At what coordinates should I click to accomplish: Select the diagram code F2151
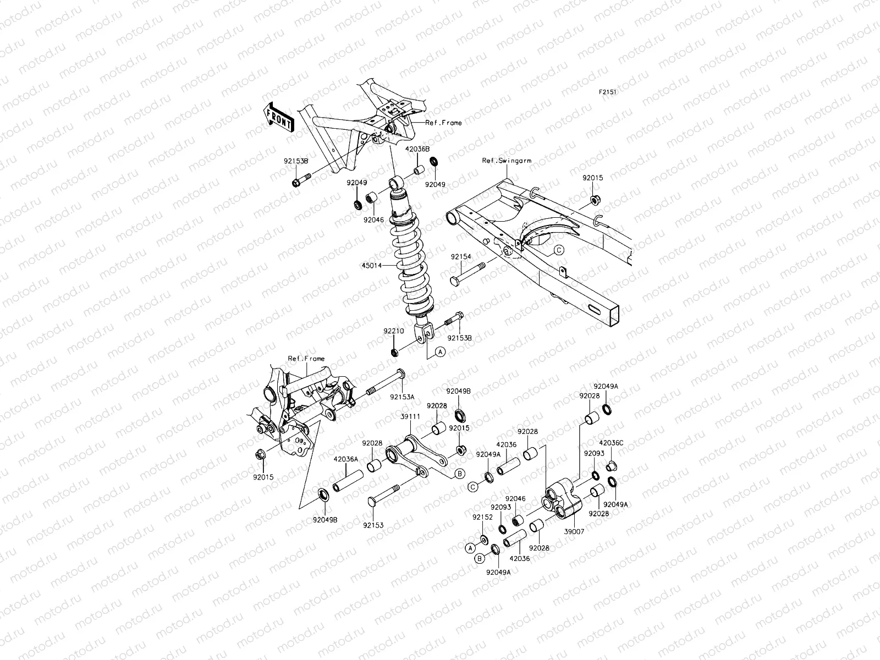(607, 92)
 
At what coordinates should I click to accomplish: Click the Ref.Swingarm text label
(507, 161)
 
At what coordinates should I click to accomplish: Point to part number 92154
(461, 257)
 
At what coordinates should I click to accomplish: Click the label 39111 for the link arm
(411, 417)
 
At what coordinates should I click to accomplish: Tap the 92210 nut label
(394, 332)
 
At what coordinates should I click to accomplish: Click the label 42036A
(345, 459)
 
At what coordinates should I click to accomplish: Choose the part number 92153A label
(403, 396)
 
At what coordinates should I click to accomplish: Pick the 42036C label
(611, 443)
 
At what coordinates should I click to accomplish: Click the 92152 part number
(482, 517)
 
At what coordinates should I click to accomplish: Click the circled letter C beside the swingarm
(558, 250)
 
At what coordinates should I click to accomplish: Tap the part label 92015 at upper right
(593, 178)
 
